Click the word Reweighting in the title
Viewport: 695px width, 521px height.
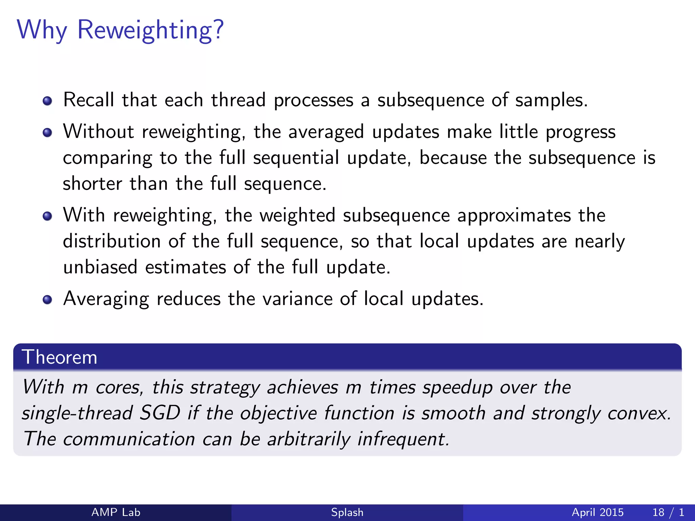pyautogui.click(x=151, y=30)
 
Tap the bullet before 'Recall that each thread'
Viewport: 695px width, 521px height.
pyautogui.click(x=48, y=101)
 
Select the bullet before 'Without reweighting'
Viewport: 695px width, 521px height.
pyautogui.click(x=48, y=133)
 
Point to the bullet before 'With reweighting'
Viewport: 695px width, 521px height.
pyautogui.click(x=48, y=216)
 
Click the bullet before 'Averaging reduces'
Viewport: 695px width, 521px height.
pyautogui.click(x=48, y=300)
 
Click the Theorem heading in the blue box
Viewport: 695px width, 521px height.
pyautogui.click(x=60, y=357)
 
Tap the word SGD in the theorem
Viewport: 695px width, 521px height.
pyautogui.click(x=160, y=413)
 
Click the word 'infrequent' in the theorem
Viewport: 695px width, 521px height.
pyautogui.click(x=403, y=439)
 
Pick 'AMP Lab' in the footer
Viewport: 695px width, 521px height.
pyautogui.click(x=116, y=512)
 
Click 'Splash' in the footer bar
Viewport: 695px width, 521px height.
pyautogui.click(x=347, y=512)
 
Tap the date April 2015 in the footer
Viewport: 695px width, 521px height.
pyautogui.click(x=598, y=512)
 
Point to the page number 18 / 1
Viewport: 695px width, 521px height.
pyautogui.click(x=668, y=512)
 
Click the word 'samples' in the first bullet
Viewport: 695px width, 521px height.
pyautogui.click(x=551, y=100)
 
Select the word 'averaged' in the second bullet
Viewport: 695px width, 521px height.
pyautogui.click(x=326, y=132)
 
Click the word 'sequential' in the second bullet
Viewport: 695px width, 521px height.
pyautogui.click(x=296, y=158)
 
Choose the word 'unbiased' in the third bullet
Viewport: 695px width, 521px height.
pyautogui.click(x=100, y=267)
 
